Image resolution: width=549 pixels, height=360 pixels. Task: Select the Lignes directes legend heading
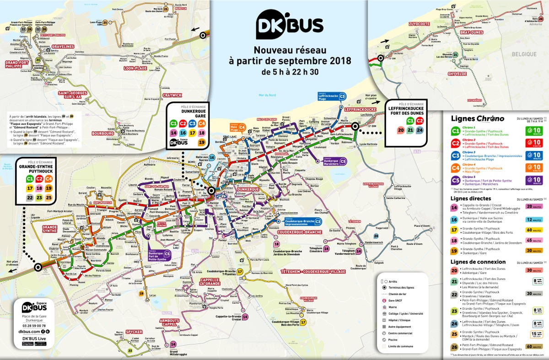coord(471,199)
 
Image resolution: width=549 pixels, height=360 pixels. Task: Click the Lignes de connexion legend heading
coord(478,262)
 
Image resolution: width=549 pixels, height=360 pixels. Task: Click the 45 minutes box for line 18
coord(533,240)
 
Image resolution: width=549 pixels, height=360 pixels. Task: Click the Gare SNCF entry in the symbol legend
coord(396,301)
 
